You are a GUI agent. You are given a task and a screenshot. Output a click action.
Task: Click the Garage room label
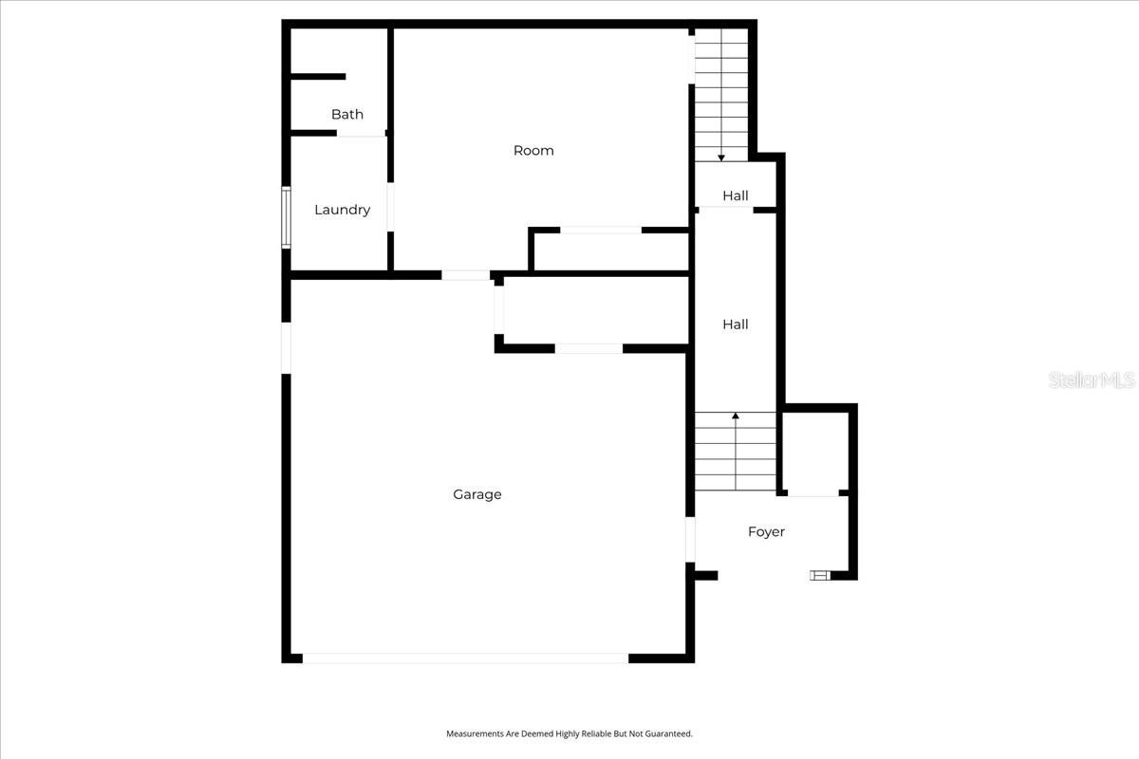pos(476,494)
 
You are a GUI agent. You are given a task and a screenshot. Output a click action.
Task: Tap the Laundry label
pos(342,210)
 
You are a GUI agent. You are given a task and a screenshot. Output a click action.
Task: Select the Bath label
pos(346,115)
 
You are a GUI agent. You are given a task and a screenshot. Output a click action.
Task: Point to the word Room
pos(533,150)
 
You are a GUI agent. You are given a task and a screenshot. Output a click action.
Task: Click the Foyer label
pos(766,532)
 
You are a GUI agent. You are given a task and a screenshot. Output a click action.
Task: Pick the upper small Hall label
pos(735,195)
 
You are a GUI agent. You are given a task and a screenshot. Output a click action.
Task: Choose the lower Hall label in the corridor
pos(735,324)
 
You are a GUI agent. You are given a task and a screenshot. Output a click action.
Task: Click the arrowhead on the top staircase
pos(721,157)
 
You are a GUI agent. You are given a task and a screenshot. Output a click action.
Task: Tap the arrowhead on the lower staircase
pos(736,416)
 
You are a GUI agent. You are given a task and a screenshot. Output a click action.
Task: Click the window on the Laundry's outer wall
pos(286,217)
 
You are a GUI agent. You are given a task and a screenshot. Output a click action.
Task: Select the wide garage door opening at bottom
pos(465,657)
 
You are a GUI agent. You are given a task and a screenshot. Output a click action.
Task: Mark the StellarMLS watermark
pos(1092,380)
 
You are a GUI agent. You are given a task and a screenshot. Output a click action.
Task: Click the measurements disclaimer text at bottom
pos(569,733)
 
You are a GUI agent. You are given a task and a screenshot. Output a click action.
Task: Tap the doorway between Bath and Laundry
pos(361,134)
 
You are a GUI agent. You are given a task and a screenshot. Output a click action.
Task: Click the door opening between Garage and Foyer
pos(690,539)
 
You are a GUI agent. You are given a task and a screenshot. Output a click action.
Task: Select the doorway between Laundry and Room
pos(390,207)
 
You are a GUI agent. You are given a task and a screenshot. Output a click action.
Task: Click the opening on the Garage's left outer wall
pos(286,347)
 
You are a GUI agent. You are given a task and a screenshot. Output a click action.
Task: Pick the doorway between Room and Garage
pos(465,275)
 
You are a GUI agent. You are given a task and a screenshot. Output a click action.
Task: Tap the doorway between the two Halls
pos(725,210)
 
